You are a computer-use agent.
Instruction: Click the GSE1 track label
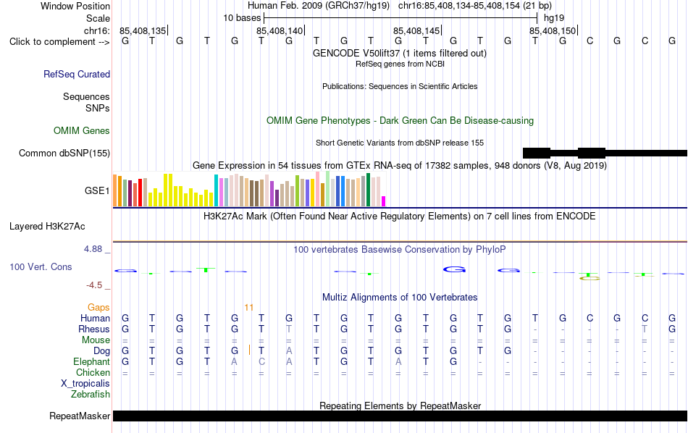pyautogui.click(x=97, y=190)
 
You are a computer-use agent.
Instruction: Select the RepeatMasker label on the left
pyautogui.click(x=80, y=416)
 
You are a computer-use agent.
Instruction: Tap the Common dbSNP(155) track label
pyautogui.click(x=64, y=153)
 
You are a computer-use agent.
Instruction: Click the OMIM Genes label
pyautogui.click(x=82, y=131)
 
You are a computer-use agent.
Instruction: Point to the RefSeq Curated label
pyautogui.click(x=77, y=74)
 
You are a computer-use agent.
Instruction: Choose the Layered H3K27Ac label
pyautogui.click(x=47, y=227)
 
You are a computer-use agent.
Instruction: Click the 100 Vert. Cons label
pyautogui.click(x=41, y=266)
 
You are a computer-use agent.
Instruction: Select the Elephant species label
pyautogui.click(x=92, y=361)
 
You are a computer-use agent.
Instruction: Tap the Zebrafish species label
pyautogui.click(x=91, y=394)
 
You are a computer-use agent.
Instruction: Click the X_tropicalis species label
pyautogui.click(x=85, y=384)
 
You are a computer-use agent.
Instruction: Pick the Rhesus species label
pyautogui.click(x=94, y=329)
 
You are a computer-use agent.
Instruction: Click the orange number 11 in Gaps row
pyautogui.click(x=249, y=307)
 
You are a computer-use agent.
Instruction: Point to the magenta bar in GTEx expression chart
pyautogui.click(x=383, y=201)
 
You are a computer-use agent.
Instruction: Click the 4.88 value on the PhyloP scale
pyautogui.click(x=93, y=249)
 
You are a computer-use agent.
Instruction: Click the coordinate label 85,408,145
pyautogui.click(x=416, y=30)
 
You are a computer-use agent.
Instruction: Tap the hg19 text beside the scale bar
pyautogui.click(x=554, y=18)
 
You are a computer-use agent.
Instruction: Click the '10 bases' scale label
pyautogui.click(x=242, y=18)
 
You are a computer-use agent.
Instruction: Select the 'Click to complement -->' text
pyautogui.click(x=59, y=42)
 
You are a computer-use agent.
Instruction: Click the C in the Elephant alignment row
pyautogui.click(x=261, y=361)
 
